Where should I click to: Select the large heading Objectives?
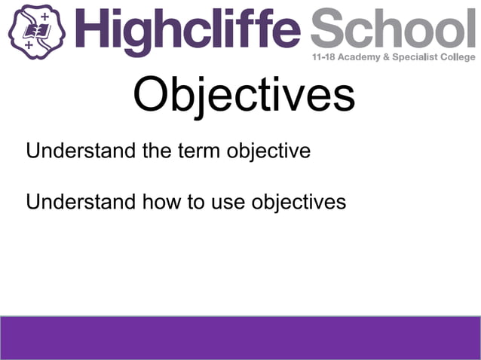pyautogui.click(x=244, y=96)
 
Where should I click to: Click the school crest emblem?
pyautogui.click(x=36, y=30)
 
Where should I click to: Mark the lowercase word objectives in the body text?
pyautogui.click(x=299, y=203)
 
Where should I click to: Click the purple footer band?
pyautogui.click(x=240, y=337)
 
